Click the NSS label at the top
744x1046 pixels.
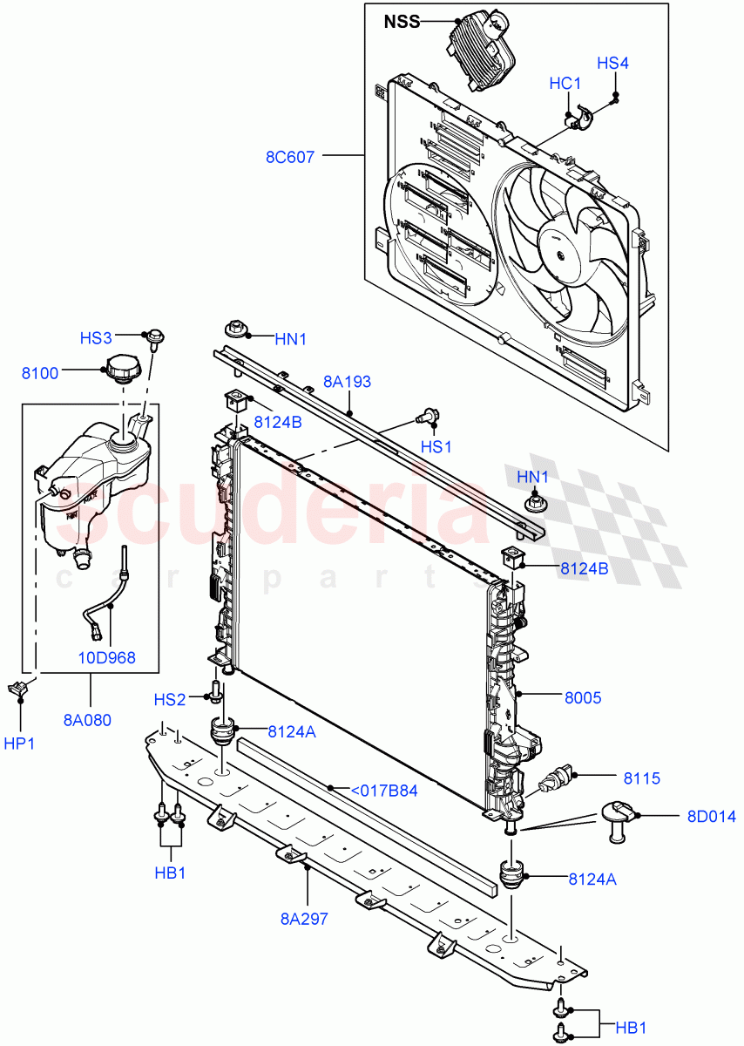tap(402, 22)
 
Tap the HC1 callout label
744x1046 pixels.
tap(565, 83)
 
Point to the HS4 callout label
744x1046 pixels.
tap(612, 63)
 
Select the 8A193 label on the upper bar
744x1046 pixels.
tap(347, 381)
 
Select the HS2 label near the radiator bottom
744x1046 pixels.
tap(171, 699)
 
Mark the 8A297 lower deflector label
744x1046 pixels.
tap(304, 918)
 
